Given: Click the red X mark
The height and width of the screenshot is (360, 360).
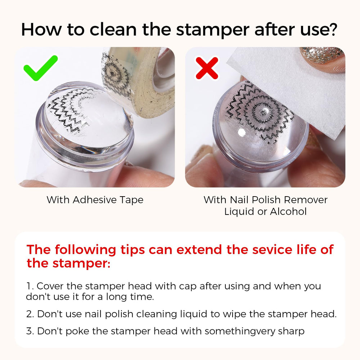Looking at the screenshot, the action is click(x=207, y=68).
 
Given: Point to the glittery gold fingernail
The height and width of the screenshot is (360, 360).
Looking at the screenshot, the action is click(x=321, y=55).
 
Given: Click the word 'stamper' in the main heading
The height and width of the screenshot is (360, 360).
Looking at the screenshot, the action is click(x=213, y=30).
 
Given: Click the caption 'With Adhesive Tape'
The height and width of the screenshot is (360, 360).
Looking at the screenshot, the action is click(x=95, y=200).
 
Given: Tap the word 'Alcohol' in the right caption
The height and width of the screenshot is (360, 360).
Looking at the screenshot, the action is click(x=288, y=211).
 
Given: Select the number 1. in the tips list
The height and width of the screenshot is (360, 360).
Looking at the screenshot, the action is click(x=30, y=286).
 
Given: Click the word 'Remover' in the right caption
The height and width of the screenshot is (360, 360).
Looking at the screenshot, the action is click(x=306, y=200).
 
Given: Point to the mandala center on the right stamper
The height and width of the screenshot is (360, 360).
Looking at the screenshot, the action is click(x=264, y=112).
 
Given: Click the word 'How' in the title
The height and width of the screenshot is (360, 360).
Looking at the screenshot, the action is click(x=41, y=30).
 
